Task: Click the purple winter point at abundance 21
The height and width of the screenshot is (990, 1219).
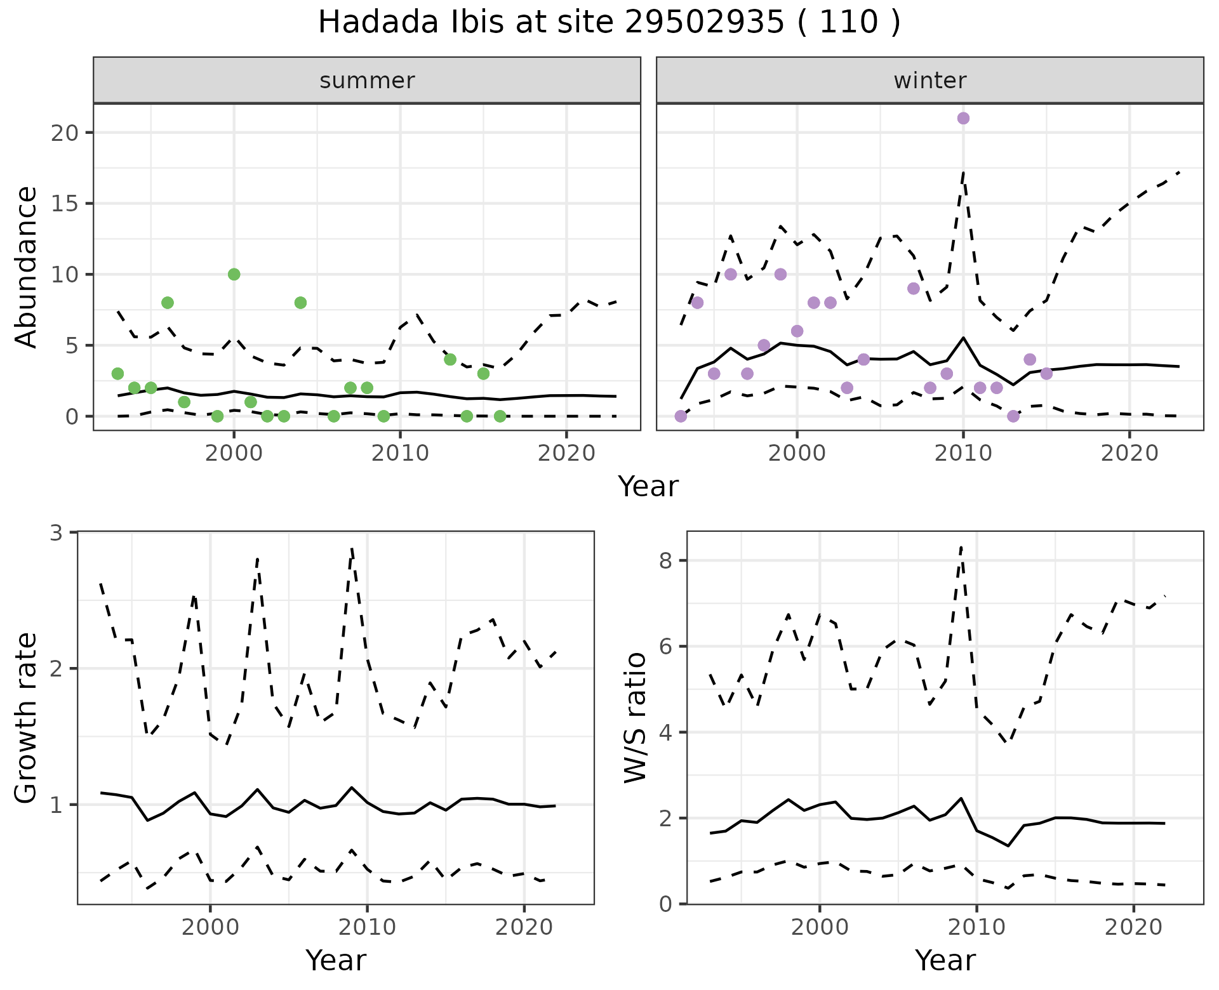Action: pos(963,118)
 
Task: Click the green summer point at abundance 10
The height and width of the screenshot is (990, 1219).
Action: pos(234,274)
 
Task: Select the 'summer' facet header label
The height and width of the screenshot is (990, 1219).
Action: pos(367,81)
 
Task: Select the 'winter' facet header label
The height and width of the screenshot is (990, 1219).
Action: pos(929,81)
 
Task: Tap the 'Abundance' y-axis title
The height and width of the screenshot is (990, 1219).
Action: pos(26,267)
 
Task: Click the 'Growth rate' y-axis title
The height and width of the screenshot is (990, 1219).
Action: pos(26,718)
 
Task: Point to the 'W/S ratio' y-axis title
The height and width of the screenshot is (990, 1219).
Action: pos(636,718)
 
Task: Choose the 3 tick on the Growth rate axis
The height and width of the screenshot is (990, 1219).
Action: pos(57,532)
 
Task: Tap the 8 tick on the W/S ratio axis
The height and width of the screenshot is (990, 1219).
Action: pos(665,561)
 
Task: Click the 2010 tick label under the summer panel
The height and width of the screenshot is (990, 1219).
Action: pos(400,454)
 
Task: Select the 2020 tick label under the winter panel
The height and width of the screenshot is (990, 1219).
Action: pos(1129,454)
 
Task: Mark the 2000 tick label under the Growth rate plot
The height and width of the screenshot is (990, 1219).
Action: pos(210,927)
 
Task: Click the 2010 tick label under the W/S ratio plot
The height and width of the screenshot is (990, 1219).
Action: pos(976,927)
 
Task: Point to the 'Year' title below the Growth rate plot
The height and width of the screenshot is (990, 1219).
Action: pos(336,961)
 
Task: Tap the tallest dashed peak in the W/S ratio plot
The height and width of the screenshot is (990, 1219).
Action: pos(961,547)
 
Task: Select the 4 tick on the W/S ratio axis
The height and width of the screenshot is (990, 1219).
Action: pos(665,732)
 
